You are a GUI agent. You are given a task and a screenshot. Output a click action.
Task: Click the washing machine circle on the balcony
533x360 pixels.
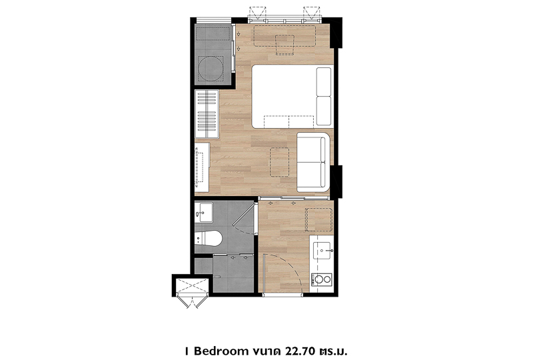211,69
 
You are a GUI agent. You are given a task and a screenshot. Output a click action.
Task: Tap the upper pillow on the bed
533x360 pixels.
323,81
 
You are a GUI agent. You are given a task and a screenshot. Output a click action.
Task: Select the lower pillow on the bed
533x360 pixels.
323,111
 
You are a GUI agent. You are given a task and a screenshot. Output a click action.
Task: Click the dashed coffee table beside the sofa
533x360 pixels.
279,162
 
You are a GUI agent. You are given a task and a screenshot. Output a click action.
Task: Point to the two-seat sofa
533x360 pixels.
313,162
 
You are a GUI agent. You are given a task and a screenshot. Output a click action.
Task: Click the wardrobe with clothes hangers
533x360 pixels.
207,114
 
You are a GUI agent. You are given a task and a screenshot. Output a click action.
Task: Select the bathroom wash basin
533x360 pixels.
204,213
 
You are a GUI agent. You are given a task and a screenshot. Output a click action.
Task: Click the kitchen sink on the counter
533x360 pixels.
322,251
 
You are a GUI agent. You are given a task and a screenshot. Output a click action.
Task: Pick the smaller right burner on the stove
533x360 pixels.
327,280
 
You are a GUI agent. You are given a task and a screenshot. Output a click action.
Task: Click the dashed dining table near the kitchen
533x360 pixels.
319,220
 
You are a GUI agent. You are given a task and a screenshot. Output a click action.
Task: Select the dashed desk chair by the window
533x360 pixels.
284,45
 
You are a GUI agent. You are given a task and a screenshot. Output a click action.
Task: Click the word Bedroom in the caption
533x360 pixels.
220,351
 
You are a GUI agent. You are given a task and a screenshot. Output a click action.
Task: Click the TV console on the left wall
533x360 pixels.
202,167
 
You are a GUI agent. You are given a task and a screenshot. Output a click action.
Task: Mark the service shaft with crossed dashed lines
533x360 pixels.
192,287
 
